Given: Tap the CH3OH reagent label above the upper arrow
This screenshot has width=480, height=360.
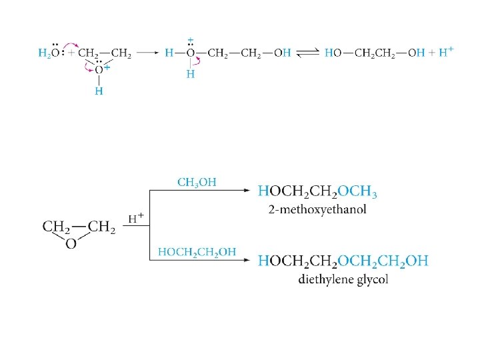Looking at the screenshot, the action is pos(196,181).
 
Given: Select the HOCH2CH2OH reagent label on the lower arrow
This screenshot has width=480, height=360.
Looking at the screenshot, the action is pos(197,251).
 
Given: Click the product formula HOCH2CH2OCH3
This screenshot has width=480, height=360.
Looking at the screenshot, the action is pos(318,192).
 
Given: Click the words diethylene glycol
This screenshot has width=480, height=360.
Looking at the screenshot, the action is pos(343,279).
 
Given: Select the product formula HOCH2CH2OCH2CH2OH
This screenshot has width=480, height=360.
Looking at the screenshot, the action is pos(343,261).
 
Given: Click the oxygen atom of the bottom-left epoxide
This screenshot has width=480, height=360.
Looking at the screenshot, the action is pos(70,243).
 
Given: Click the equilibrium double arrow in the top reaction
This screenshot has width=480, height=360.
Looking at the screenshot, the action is pos(307,53).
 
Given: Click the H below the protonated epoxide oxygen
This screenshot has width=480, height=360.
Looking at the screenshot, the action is pos(98,91).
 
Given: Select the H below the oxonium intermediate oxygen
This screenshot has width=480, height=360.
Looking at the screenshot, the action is pos(191,74).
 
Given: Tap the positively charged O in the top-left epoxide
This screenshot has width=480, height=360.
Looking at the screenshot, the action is pos(99,69).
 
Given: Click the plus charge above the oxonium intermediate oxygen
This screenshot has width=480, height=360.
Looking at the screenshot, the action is pos(191,39).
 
